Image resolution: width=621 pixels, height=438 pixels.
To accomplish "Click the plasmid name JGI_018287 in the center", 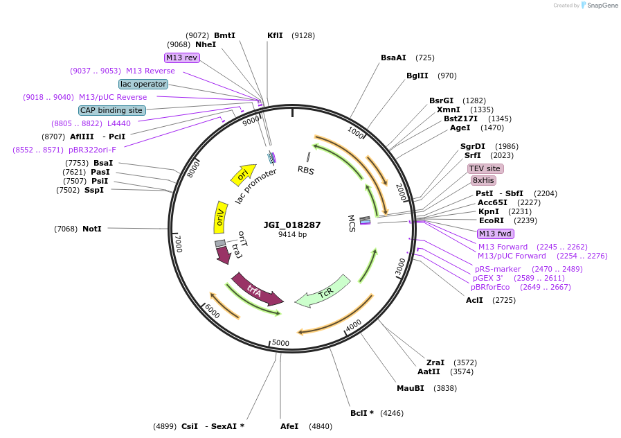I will coord(291,225).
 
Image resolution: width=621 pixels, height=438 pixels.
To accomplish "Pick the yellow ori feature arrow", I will coord(243,176).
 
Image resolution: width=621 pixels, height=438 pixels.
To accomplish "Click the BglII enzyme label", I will coord(417,76).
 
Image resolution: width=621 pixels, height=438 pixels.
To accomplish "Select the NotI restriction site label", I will coord(91,229).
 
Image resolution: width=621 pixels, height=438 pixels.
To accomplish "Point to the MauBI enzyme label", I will coord(410,388).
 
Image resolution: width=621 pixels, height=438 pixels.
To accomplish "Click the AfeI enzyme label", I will coord(289,426).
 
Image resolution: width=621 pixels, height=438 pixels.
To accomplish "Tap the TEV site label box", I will coord(485,168).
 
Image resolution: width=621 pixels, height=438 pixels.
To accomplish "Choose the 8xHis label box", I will coord(484,180).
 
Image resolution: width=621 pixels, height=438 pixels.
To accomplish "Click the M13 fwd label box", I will coord(496,234).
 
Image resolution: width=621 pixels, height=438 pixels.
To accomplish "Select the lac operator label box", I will coord(143,84).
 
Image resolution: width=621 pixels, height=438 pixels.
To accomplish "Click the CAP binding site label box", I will coord(111,110).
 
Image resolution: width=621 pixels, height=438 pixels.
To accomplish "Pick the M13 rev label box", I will coord(181,58).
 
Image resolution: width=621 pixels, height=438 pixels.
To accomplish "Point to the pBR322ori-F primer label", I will coord(92,150).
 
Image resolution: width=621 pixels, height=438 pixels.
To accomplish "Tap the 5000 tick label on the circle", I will coord(280,343).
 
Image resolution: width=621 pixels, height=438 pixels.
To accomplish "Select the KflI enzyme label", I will coord(275,35).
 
